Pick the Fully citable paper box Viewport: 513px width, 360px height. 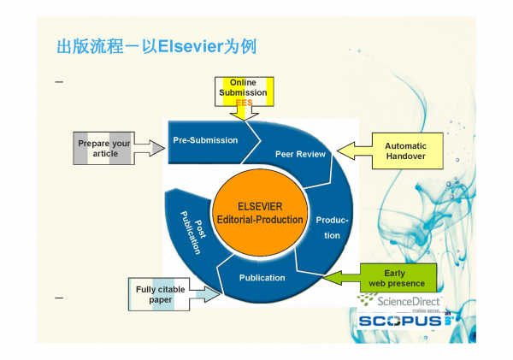(x=160, y=294)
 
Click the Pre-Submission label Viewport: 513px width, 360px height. (x=205, y=140)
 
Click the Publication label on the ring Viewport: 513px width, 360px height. (x=262, y=277)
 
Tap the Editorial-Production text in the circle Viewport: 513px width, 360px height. (x=259, y=220)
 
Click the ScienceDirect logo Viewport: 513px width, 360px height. (x=400, y=300)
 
